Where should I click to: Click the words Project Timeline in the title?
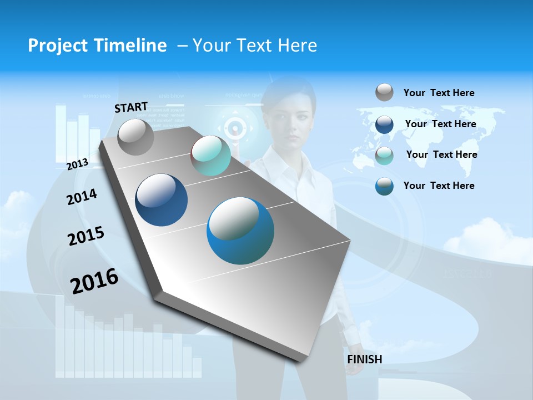pos(97,46)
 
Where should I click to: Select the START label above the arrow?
pos(131,107)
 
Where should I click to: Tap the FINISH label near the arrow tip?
pos(365,359)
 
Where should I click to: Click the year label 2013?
pos(78,164)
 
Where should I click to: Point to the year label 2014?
pos(82,197)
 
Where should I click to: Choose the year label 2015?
pos(86,236)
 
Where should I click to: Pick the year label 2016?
pos(94,281)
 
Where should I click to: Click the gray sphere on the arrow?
pos(136,137)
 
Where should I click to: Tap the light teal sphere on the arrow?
pos(211,156)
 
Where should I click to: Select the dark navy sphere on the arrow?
pos(162,200)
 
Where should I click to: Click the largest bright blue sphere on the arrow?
pos(240,231)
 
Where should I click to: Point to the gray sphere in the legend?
pos(384,92)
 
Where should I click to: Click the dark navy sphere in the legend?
pos(384,124)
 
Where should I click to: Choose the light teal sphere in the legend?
pos(384,156)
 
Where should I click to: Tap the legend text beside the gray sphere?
pos(439,93)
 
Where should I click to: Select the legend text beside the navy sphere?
pos(440,124)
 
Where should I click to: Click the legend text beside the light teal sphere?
pos(441,154)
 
